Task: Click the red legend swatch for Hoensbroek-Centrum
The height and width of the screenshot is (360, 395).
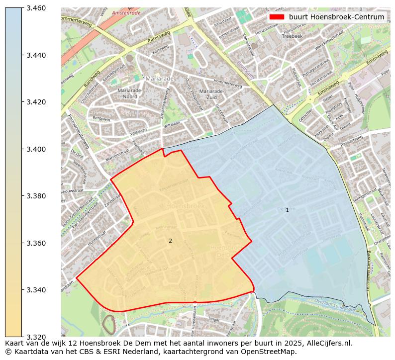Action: click(277, 17)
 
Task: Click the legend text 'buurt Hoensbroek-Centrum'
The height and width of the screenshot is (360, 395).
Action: click(336, 17)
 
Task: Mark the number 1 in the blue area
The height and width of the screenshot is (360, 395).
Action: click(287, 210)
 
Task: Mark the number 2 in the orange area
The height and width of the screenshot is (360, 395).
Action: click(170, 241)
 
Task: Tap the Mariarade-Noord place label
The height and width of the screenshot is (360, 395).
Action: click(130, 93)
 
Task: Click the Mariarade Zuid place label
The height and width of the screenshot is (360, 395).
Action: click(211, 94)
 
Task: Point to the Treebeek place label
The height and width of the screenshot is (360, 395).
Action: click(292, 36)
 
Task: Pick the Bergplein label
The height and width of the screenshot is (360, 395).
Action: click(101, 119)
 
